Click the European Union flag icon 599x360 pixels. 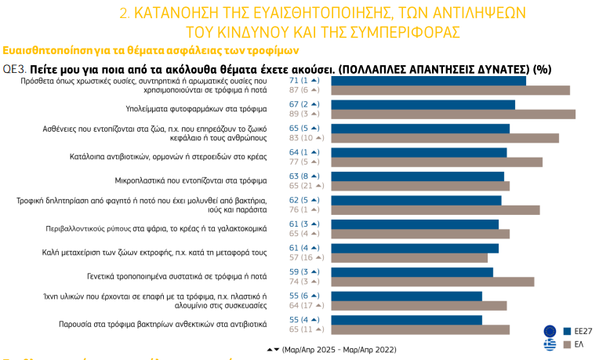click(x=550, y=330)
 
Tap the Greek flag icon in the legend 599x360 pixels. click(x=550, y=344)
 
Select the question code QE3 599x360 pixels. click(x=14, y=68)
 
